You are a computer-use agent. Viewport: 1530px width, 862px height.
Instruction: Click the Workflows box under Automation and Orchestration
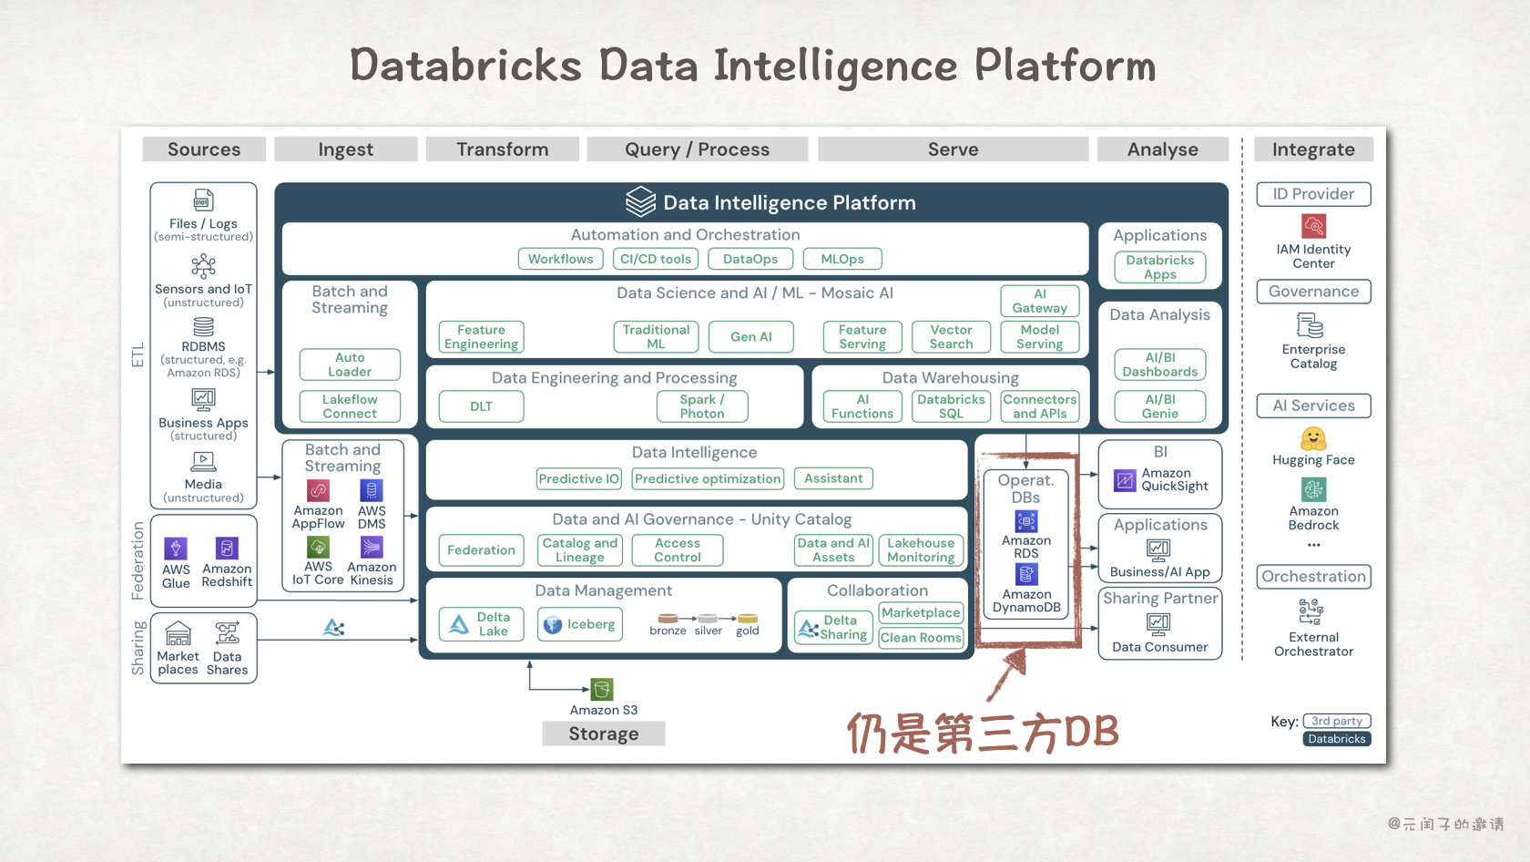pyautogui.click(x=560, y=259)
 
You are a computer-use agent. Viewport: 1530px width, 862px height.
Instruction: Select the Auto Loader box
pyautogui.click(x=350, y=364)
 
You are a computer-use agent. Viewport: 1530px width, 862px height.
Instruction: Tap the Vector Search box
pyautogui.click(x=951, y=337)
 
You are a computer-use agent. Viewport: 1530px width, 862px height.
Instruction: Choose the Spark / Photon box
pyautogui.click(x=701, y=406)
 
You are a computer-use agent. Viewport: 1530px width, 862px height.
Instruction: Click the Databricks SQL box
pyautogui.click(x=951, y=406)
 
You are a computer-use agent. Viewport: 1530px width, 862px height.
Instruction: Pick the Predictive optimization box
pyautogui.click(x=708, y=478)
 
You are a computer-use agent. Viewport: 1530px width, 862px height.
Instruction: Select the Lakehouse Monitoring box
pyautogui.click(x=921, y=550)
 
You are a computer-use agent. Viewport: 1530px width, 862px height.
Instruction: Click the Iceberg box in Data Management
pyautogui.click(x=580, y=624)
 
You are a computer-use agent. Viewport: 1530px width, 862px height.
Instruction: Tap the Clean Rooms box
pyautogui.click(x=921, y=638)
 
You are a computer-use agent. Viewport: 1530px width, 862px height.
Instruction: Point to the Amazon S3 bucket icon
pyautogui.click(x=601, y=689)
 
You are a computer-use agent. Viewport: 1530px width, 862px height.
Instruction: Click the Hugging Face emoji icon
pyautogui.click(x=1313, y=439)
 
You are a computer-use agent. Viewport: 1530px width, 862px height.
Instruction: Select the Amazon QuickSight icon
pyautogui.click(x=1126, y=479)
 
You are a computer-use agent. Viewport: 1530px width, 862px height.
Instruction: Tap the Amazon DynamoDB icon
pyautogui.click(x=1026, y=574)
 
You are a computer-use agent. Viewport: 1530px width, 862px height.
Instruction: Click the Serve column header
pyautogui.click(x=953, y=149)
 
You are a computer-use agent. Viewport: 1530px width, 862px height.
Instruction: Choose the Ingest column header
pyautogui.click(x=345, y=149)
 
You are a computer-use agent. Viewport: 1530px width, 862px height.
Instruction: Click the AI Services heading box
pyautogui.click(x=1313, y=405)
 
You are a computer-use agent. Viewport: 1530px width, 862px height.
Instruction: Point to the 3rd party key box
pyautogui.click(x=1336, y=721)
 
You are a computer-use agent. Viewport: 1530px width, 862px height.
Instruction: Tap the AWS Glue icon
pyautogui.click(x=176, y=548)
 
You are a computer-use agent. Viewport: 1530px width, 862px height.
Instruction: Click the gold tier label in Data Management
pyautogui.click(x=748, y=631)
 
